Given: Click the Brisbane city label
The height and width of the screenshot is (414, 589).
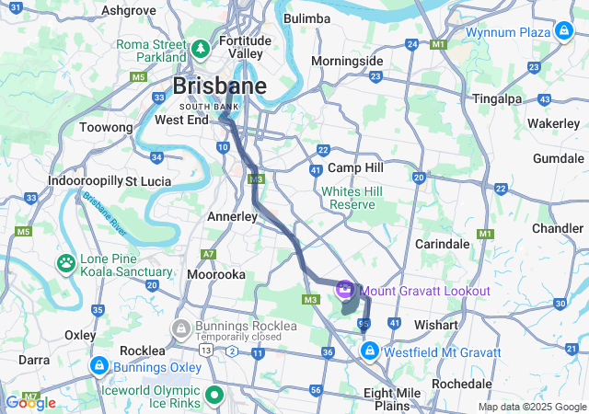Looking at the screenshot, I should coord(220,87).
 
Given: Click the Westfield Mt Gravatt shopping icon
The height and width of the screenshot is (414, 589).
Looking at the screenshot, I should coord(369,351).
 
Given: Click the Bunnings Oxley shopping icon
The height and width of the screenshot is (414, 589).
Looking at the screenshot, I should coord(97,366).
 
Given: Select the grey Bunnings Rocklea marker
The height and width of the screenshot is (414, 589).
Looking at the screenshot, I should coord(181,327).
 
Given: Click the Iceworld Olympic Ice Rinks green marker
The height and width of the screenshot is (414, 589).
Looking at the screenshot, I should coord(215,396).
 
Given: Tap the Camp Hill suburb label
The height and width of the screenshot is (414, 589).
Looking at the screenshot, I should coord(355,168).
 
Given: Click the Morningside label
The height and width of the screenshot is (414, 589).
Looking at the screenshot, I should coord(347,61).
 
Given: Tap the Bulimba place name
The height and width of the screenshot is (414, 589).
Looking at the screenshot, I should coord(306,18).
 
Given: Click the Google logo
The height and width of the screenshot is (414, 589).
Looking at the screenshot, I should coord(31,402).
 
